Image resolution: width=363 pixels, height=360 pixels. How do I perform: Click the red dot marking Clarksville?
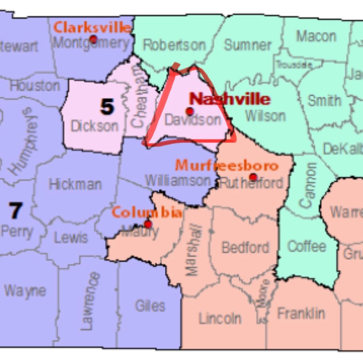click(93, 39)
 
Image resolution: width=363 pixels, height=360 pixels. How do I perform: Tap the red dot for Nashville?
click(189, 111)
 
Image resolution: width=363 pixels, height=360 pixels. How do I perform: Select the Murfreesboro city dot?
click(253, 177)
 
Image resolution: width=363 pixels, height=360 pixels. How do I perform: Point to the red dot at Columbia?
click(148, 224)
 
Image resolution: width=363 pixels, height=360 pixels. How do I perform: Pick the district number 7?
click(15, 211)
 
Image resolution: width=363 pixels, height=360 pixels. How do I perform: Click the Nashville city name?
click(230, 99)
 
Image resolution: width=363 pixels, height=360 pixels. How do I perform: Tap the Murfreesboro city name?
click(227, 166)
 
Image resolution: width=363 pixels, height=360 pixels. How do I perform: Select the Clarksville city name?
click(92, 27)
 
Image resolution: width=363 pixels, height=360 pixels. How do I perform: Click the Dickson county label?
click(94, 126)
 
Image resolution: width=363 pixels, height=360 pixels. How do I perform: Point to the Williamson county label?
click(178, 181)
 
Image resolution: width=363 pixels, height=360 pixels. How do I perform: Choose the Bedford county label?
click(245, 248)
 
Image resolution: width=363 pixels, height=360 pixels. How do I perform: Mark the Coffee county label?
click(306, 247)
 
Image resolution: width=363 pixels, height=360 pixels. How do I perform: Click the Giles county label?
click(150, 306)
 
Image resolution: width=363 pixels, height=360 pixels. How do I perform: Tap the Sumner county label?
click(248, 45)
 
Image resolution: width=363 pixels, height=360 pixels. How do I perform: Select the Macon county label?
click(316, 36)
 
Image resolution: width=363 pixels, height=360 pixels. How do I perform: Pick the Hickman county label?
click(75, 184)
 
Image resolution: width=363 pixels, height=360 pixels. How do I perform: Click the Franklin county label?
click(301, 313)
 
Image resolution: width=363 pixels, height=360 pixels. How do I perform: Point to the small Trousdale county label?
click(294, 65)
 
